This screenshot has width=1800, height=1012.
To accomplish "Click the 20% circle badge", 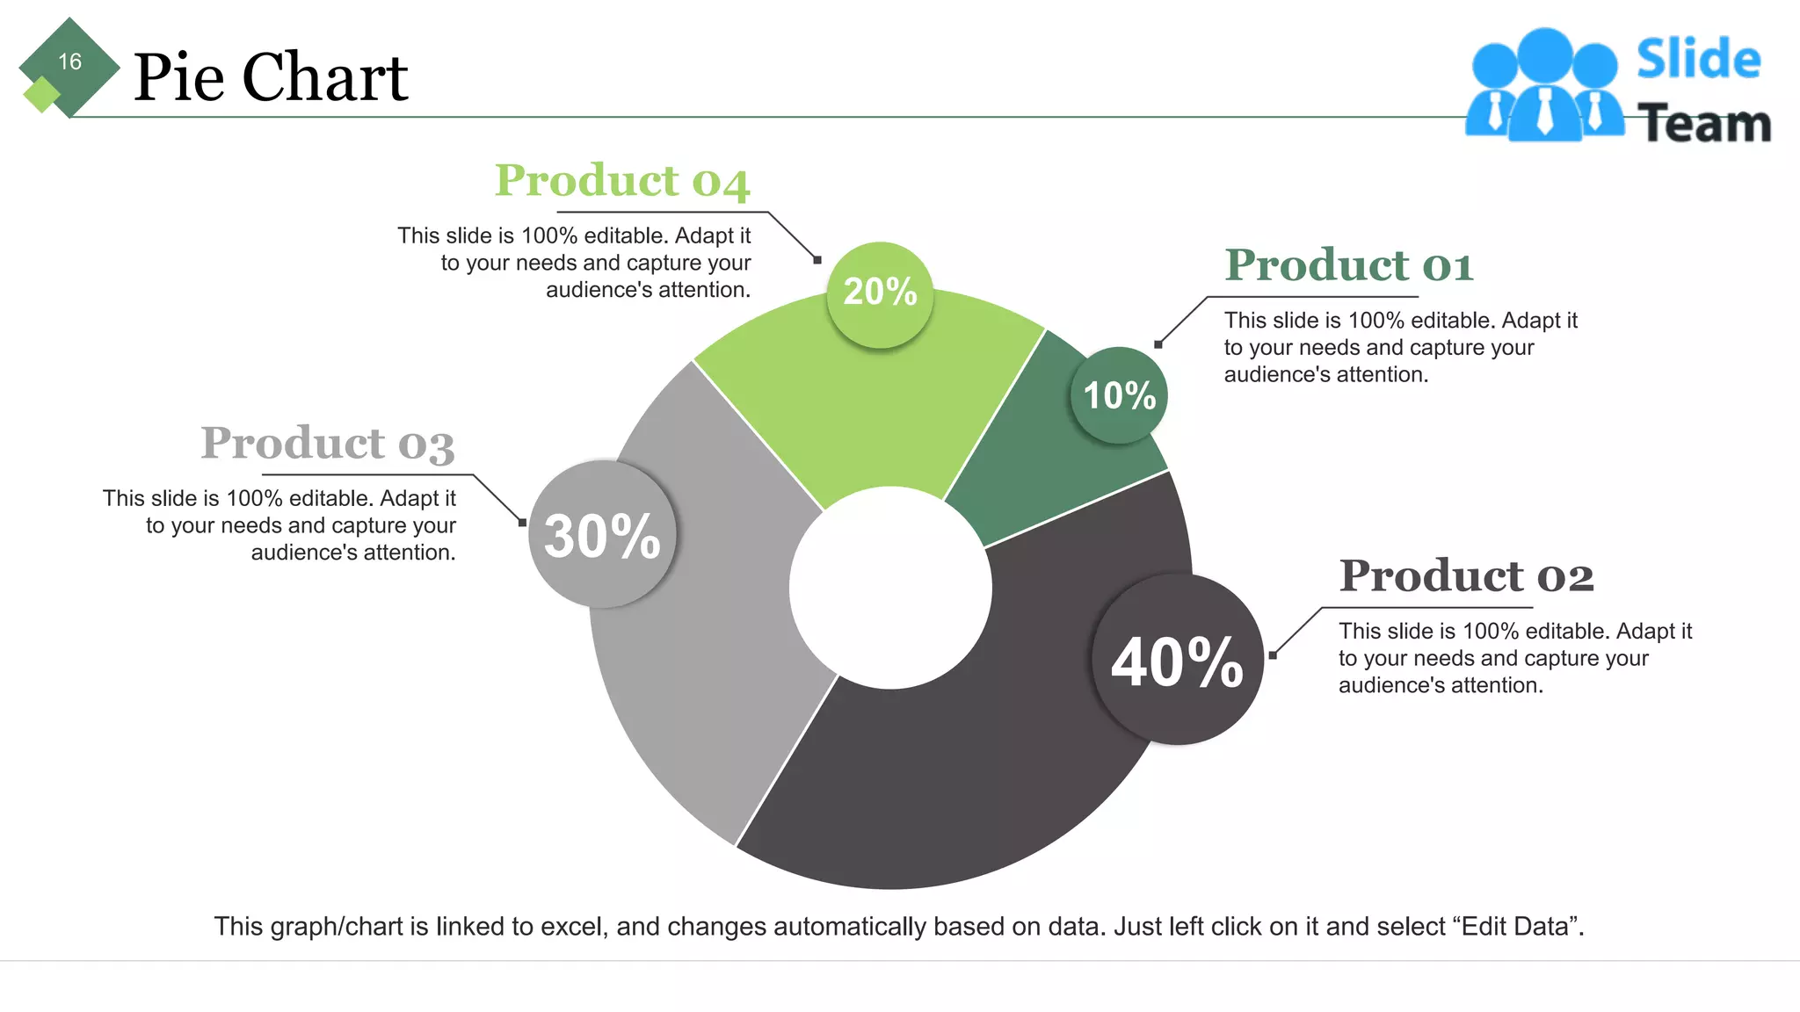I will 880,294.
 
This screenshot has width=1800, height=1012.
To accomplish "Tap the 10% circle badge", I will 1119,395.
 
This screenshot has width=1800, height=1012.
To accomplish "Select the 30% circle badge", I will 602,534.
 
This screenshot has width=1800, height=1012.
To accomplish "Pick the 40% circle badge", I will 1177,660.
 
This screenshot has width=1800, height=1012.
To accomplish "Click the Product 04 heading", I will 621,181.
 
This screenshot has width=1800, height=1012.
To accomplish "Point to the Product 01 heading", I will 1348,265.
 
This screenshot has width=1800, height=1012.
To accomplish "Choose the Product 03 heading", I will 327,443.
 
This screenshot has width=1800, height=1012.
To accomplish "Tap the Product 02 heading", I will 1466,576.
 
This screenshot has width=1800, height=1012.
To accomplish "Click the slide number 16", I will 69,61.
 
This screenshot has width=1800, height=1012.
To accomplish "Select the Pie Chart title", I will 271,77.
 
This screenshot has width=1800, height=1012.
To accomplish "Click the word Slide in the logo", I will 1698,60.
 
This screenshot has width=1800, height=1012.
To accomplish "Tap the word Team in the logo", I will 1704,124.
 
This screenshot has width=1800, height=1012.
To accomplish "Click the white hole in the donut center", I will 890,588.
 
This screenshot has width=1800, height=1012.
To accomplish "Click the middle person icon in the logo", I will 1544,88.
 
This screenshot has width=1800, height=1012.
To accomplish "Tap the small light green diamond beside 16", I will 40,94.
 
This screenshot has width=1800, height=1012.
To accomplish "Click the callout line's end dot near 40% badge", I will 1273,654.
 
